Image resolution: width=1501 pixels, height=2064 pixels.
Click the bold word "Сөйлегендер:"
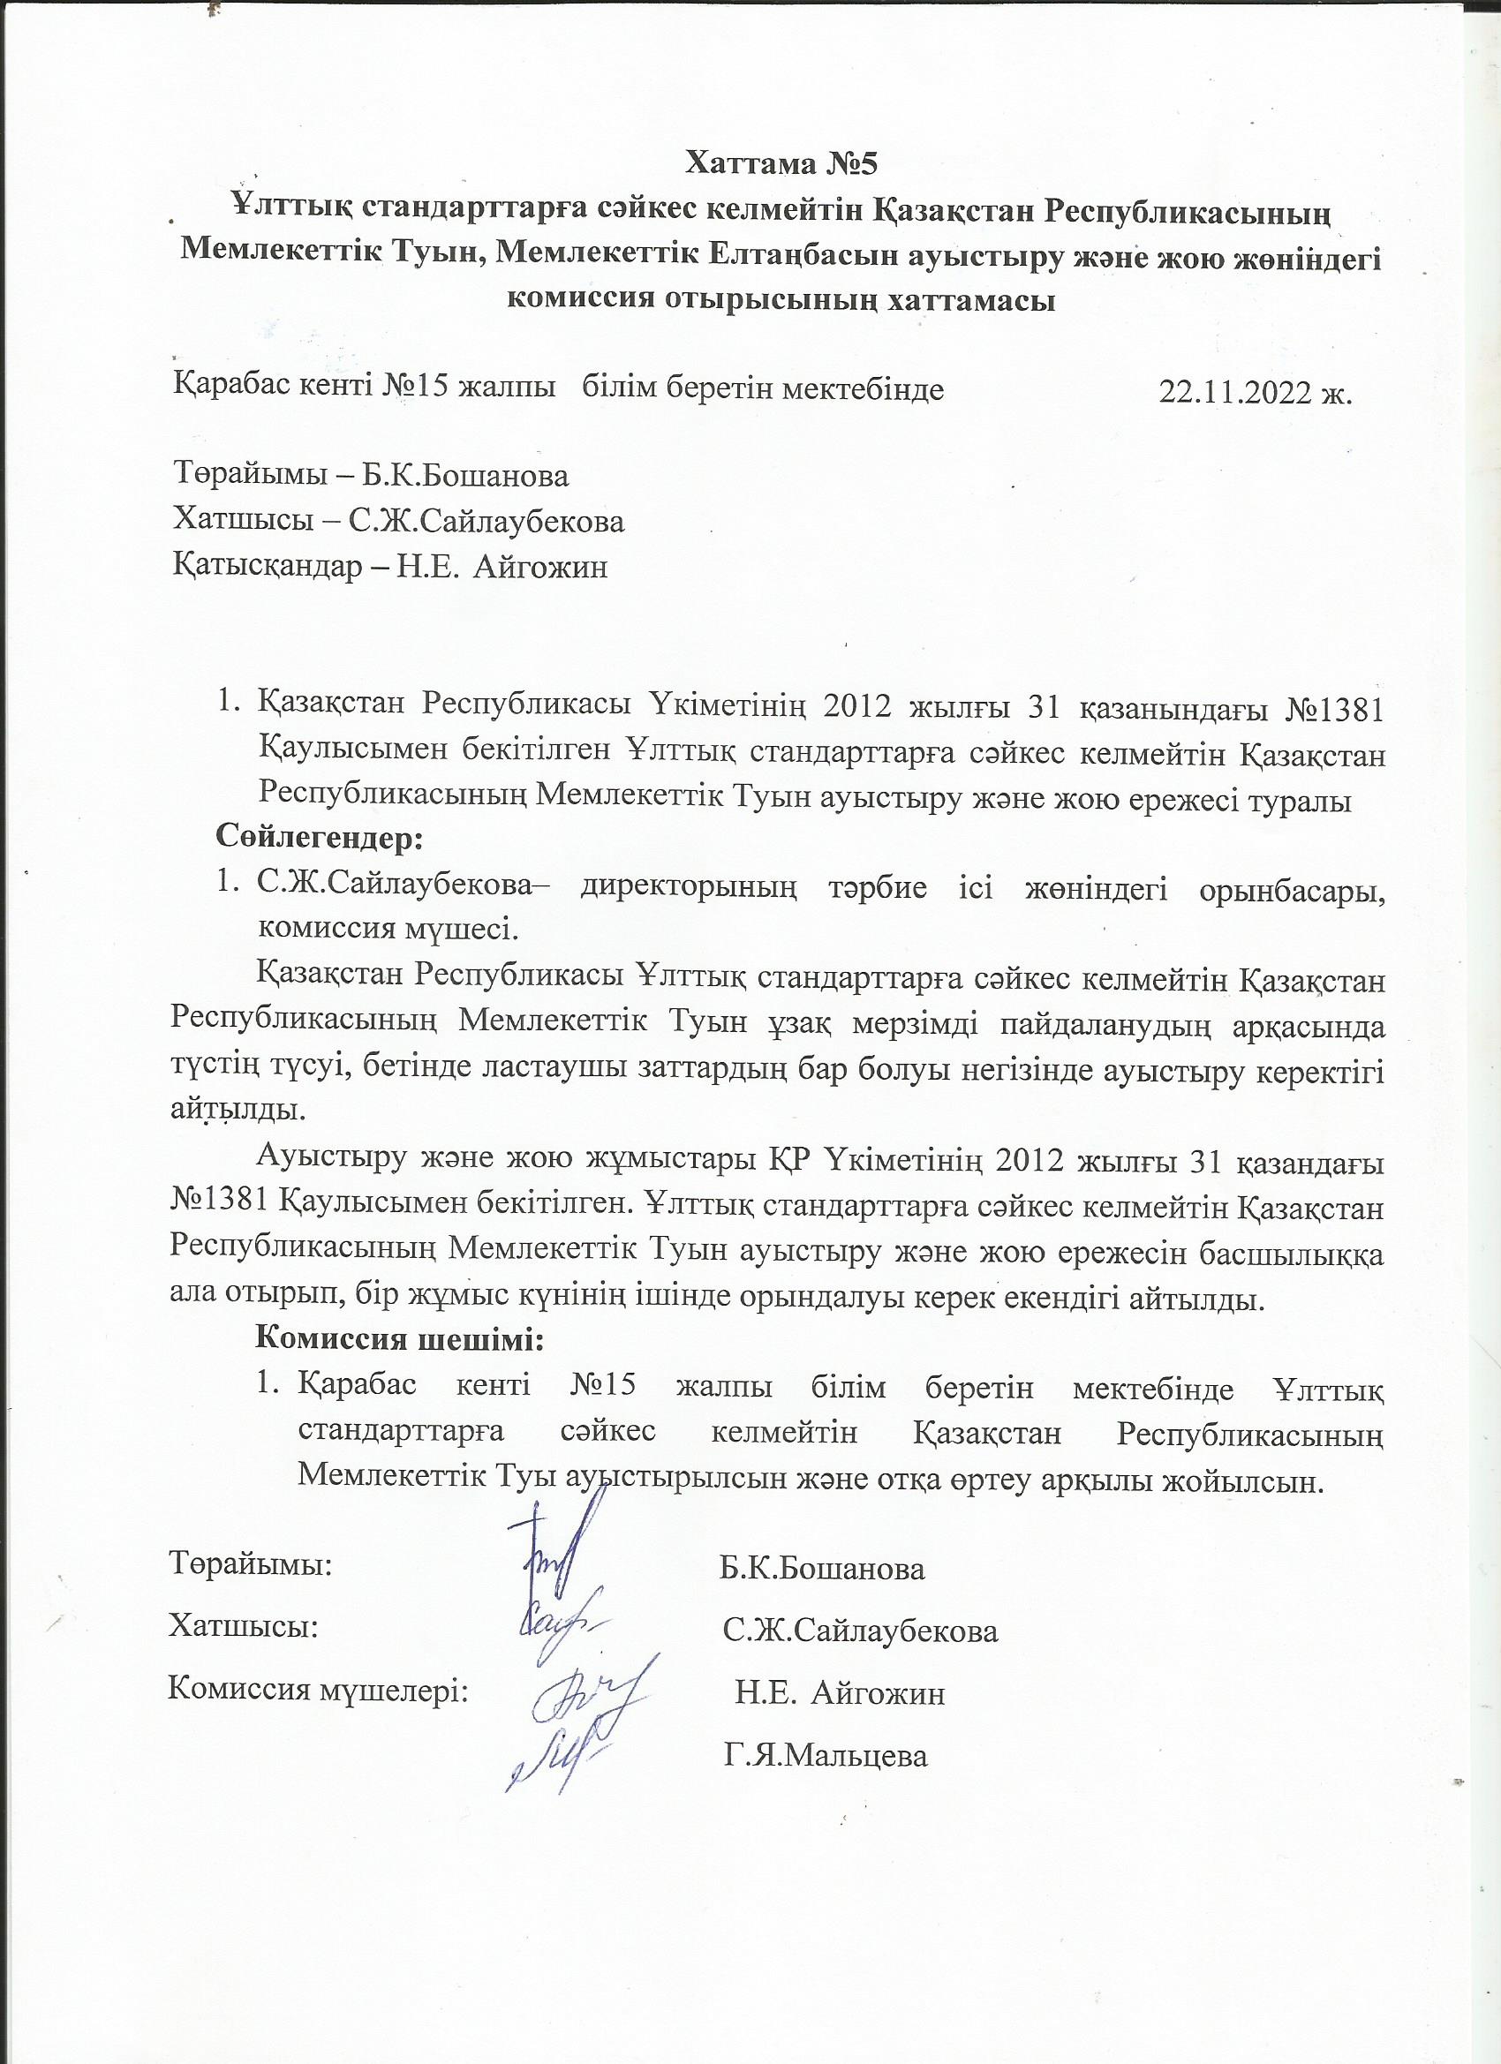320,836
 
